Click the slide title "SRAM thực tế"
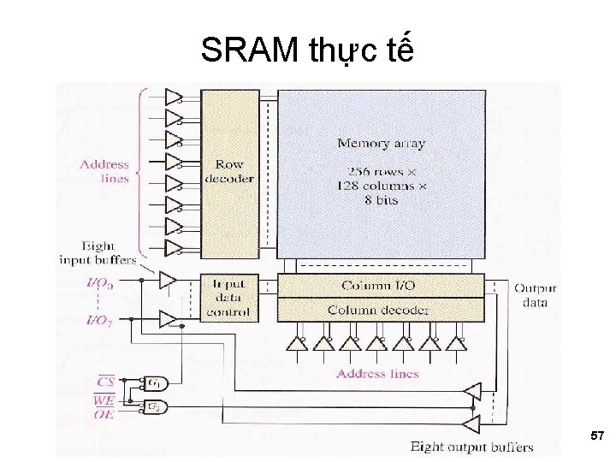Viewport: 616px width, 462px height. tap(307, 51)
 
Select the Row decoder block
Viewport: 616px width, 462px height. tap(228, 171)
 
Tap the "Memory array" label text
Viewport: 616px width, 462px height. tap(381, 144)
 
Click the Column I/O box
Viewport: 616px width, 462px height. tap(380, 285)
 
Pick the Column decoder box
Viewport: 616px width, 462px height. tap(380, 310)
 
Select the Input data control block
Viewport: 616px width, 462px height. tap(228, 298)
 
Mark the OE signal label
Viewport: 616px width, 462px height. tap(104, 414)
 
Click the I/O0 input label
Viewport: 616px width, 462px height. tap(99, 282)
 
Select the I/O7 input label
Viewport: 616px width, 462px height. tap(99, 320)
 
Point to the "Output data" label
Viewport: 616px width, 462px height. tap(535, 295)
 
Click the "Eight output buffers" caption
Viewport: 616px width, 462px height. tap(471, 447)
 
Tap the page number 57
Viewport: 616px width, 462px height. tap(596, 436)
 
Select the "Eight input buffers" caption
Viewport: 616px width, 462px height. tap(98, 252)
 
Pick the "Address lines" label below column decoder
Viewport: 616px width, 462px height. tap(377, 373)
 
